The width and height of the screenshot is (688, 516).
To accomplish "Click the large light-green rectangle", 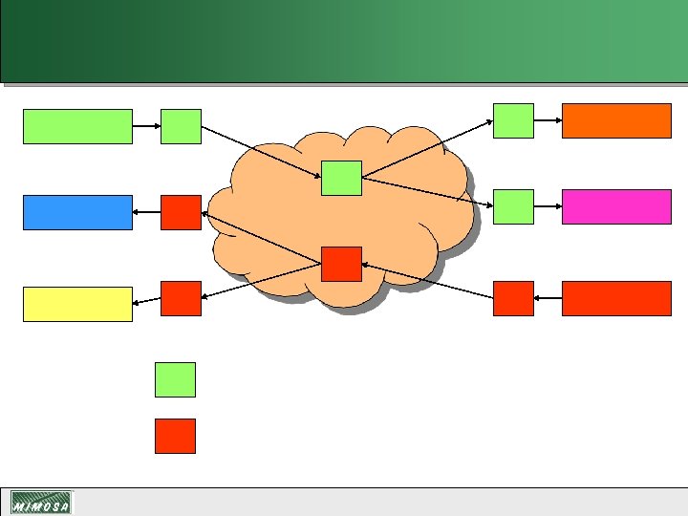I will click(77, 126).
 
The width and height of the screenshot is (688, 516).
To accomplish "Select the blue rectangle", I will click(77, 212).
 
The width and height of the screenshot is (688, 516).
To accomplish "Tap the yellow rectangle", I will click(77, 304).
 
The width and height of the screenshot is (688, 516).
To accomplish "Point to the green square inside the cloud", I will click(341, 178).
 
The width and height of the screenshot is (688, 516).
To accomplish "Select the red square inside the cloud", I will click(341, 264).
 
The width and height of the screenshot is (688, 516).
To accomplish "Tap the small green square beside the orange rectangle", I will click(513, 120).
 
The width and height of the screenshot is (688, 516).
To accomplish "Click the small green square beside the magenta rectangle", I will click(513, 206).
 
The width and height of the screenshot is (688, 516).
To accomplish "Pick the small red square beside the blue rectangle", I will click(181, 212).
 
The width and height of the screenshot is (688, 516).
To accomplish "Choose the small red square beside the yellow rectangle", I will click(181, 298).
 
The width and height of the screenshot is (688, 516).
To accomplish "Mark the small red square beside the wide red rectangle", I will click(513, 298).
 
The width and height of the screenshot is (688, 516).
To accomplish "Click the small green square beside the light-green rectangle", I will click(181, 126).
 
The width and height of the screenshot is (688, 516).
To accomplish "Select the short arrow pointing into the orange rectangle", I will click(548, 120).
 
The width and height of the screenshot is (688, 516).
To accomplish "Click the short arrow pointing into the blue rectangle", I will click(146, 212).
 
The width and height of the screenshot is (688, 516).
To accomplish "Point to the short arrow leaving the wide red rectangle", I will click(548, 298).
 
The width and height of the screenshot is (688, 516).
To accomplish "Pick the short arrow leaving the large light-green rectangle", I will click(146, 126).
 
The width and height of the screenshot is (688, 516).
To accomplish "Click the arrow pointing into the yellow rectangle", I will click(146, 303).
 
